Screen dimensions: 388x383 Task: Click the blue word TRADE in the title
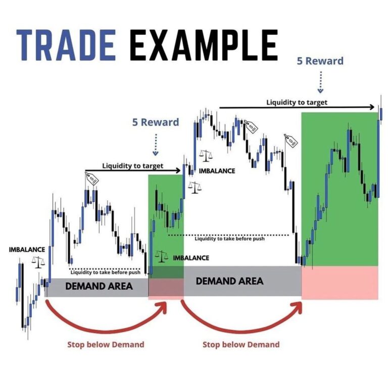66,45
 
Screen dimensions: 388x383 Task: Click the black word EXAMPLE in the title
204,45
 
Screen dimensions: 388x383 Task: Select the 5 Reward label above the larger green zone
320,61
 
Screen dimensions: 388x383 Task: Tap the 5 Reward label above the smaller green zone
156,122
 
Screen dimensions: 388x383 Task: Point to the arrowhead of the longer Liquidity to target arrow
372,107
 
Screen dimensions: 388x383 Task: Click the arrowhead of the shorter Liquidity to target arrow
178,170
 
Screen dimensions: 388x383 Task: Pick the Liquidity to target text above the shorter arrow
133,166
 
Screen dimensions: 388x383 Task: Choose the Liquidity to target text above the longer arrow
297,102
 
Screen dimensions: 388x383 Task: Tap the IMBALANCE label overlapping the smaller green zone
191,258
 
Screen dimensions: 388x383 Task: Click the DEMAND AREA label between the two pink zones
229,281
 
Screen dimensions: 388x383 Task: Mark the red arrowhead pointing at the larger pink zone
297,308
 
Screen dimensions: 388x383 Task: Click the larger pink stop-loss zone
339,283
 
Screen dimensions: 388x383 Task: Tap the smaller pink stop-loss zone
166,289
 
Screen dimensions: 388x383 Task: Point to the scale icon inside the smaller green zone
161,256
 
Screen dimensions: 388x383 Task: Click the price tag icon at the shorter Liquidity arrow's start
92,179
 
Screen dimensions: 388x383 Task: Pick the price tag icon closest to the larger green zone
291,141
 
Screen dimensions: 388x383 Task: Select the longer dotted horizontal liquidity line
228,235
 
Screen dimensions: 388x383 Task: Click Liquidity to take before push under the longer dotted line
229,239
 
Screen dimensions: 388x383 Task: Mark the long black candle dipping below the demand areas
23,296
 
